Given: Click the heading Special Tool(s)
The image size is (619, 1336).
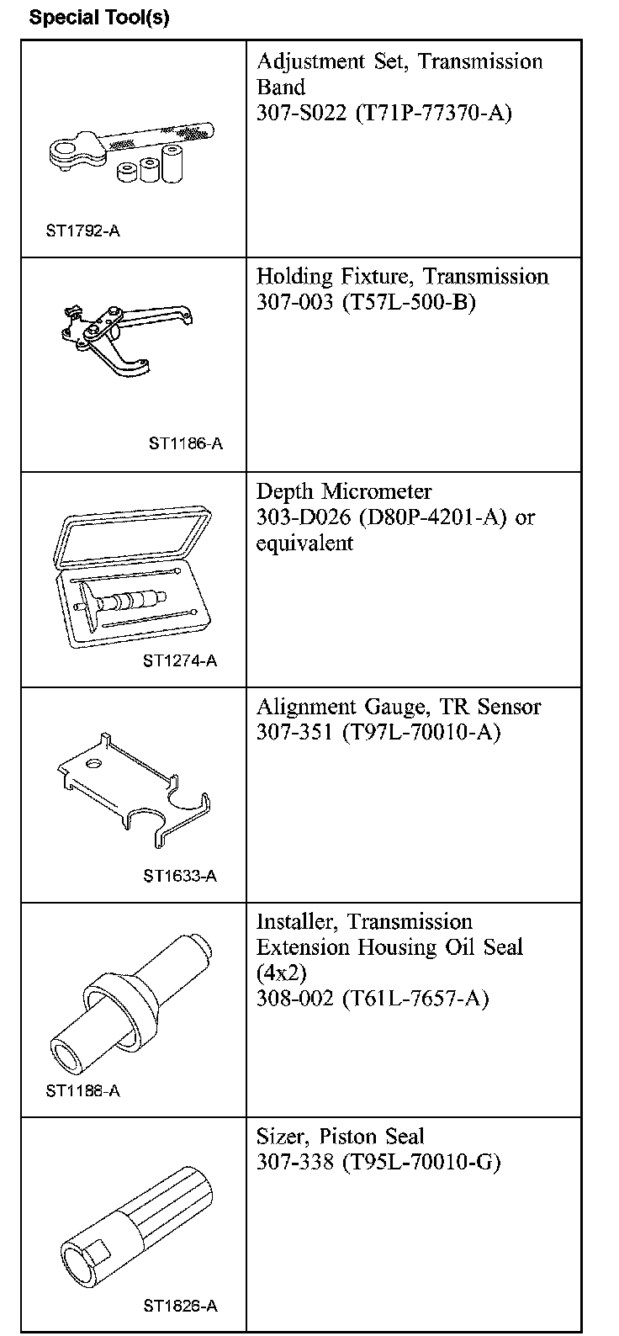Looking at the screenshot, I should (x=99, y=18).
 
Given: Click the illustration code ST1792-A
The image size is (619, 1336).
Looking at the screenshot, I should (x=83, y=231).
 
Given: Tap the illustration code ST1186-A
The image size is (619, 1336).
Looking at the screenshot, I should (x=186, y=444).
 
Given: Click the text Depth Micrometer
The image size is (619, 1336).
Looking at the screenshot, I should (x=344, y=491).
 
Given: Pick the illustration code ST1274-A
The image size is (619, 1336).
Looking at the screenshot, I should (x=180, y=660).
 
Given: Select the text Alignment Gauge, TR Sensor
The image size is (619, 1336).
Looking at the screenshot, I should (x=399, y=707).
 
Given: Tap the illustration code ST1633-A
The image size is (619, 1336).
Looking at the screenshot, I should (x=180, y=876).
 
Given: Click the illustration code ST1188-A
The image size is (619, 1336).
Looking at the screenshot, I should (x=83, y=1091).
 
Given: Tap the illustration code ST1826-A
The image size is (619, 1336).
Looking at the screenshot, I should (x=180, y=1307).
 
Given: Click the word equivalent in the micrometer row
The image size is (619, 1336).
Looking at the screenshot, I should (x=305, y=543).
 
